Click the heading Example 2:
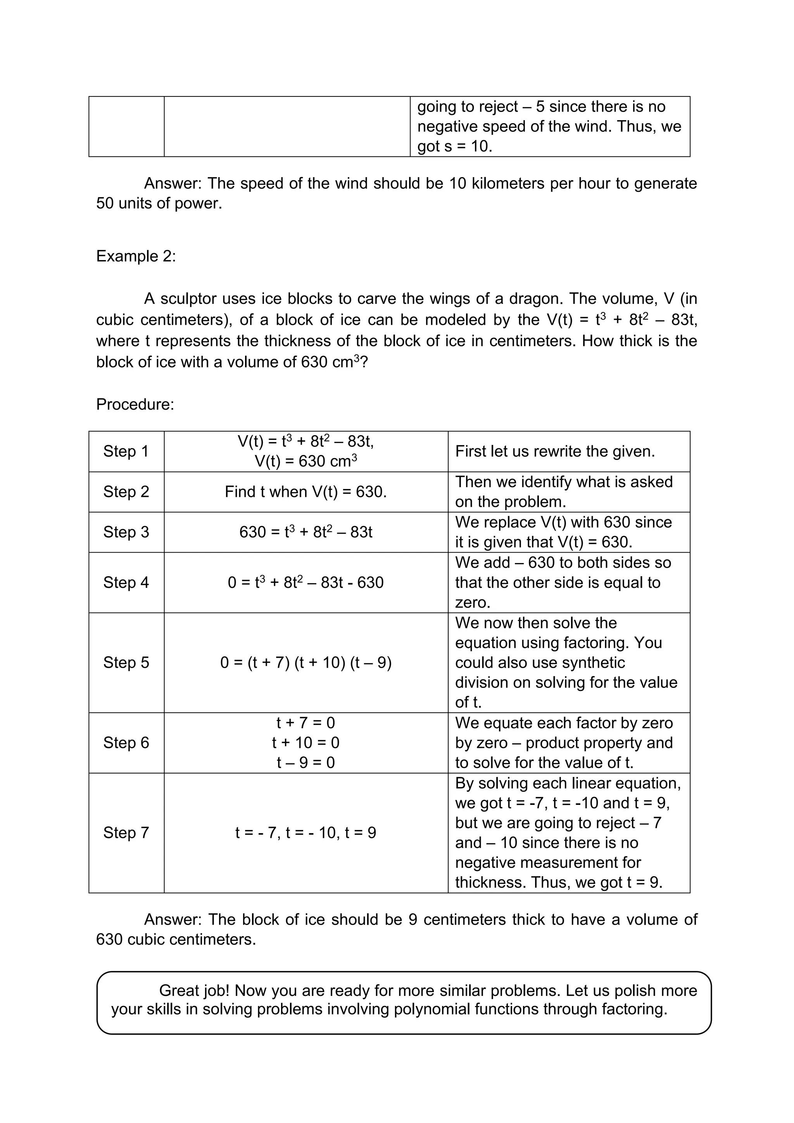pyautogui.click(x=136, y=256)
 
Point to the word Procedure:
pyautogui.click(x=135, y=404)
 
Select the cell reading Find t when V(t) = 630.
pyautogui.click(x=306, y=492)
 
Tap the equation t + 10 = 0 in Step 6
pyautogui.click(x=306, y=742)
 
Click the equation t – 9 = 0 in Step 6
pyautogui.click(x=306, y=763)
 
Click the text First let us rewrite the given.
pyautogui.click(x=555, y=451)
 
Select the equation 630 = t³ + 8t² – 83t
pyautogui.click(x=306, y=532)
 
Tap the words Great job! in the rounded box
pyautogui.click(x=194, y=990)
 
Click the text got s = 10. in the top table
pyautogui.click(x=454, y=146)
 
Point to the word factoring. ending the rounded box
pyautogui.click(x=634, y=1009)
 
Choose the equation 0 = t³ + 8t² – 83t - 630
pyautogui.click(x=306, y=582)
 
